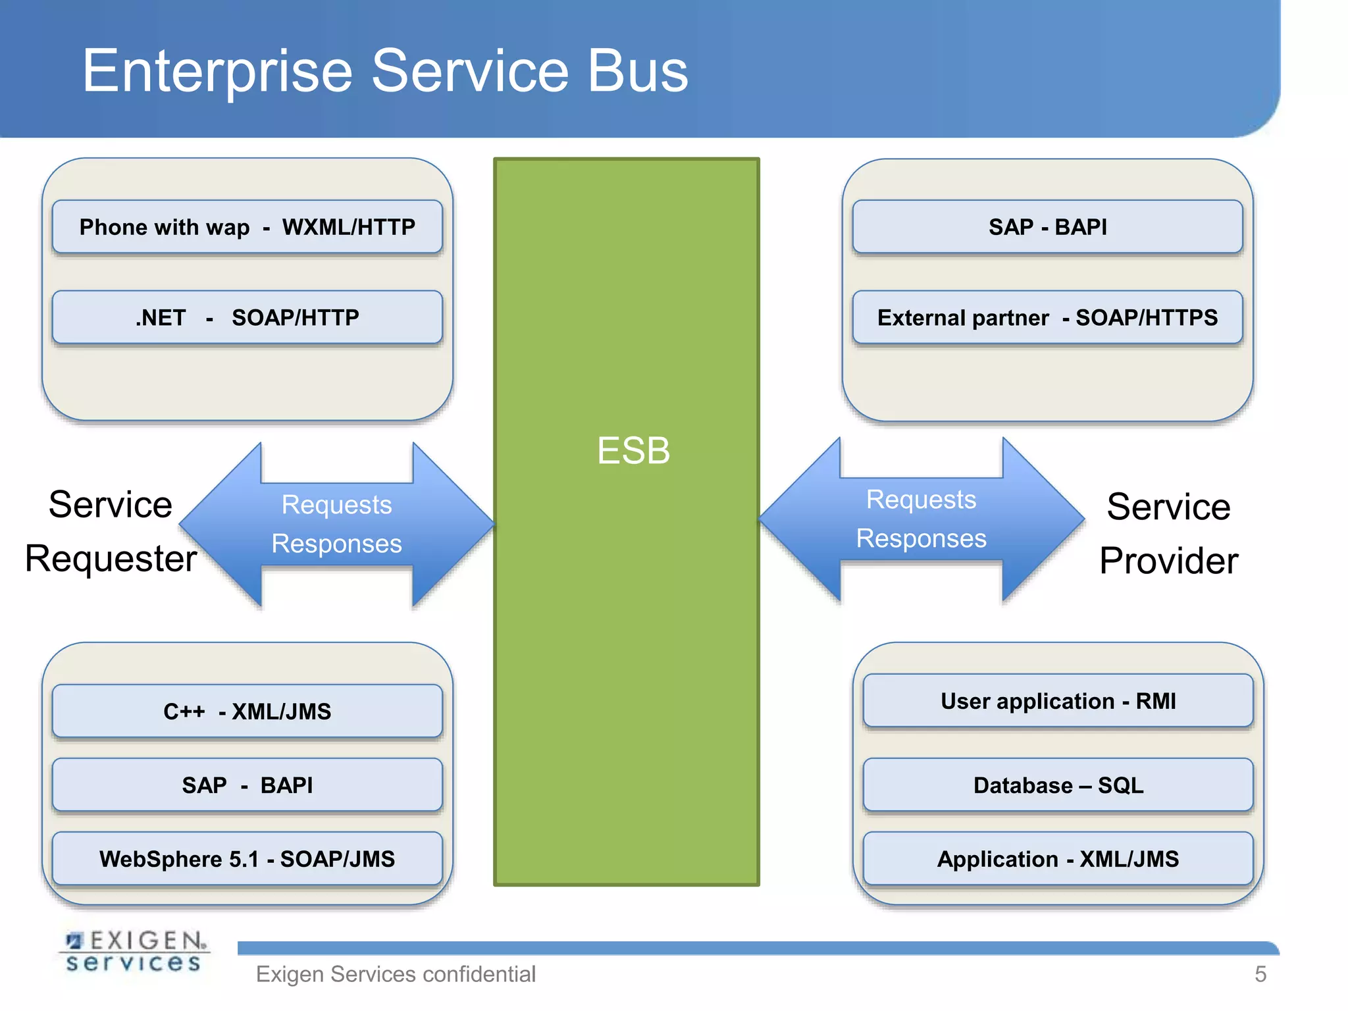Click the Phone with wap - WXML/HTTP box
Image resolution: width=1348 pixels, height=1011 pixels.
(247, 227)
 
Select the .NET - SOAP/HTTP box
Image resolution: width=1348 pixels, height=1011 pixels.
(247, 317)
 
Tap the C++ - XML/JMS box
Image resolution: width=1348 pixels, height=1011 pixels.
(247, 712)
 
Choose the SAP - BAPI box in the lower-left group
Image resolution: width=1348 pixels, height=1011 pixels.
(247, 785)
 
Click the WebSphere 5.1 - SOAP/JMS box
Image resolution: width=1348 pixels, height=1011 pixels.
(247, 859)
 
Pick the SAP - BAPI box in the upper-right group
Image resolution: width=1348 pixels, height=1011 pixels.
(1047, 227)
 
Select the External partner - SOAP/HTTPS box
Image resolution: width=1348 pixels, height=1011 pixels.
(1047, 317)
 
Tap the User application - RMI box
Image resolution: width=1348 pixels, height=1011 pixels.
(1058, 701)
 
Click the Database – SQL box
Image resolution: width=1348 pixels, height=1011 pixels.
(1058, 785)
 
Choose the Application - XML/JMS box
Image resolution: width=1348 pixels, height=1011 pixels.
(1058, 859)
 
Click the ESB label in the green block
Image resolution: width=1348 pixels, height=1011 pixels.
(633, 451)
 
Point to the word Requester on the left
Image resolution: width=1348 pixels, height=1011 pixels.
(111, 559)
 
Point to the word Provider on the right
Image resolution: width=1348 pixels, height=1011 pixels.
(1168, 561)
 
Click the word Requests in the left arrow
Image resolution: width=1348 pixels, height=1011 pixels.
(336, 505)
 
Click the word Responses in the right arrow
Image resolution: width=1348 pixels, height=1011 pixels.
(921, 538)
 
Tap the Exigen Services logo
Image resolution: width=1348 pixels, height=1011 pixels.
(134, 951)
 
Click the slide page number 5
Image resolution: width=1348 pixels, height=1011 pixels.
(1260, 974)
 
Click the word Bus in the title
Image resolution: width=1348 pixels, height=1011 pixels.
(637, 70)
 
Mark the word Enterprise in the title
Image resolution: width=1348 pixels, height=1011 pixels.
(217, 70)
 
